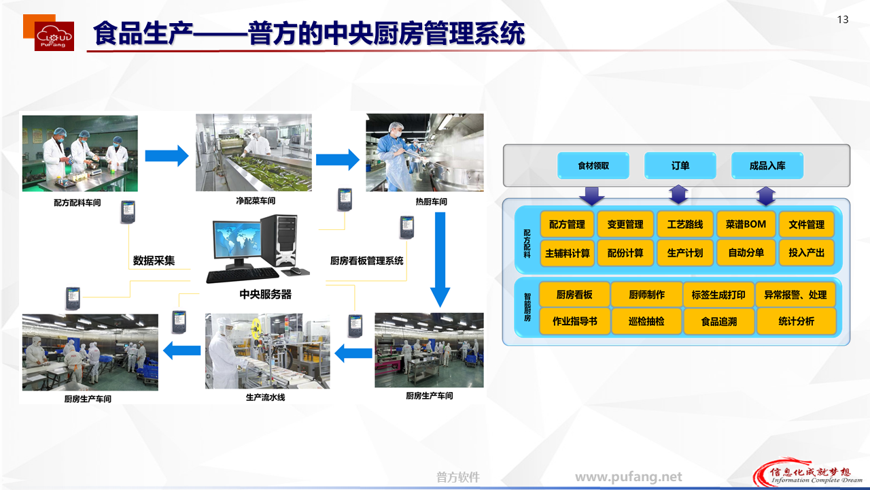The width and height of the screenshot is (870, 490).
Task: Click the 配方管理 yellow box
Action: [x=567, y=225]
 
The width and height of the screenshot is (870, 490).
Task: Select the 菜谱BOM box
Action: [x=746, y=225]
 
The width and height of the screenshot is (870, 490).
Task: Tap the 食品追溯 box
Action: [x=719, y=321]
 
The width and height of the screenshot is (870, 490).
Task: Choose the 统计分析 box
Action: [x=796, y=321]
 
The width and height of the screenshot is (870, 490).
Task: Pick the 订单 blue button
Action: [x=680, y=166]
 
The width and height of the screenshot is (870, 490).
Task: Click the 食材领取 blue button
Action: [x=593, y=166]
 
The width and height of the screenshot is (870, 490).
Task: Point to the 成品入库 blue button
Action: [x=767, y=166]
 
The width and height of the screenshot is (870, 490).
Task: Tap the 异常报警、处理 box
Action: [x=795, y=295]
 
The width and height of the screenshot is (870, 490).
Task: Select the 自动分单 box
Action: [x=746, y=252]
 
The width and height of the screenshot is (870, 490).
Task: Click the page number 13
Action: [x=843, y=20]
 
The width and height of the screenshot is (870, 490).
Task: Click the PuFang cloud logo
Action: [x=54, y=35]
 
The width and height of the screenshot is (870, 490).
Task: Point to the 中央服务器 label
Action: [x=266, y=294]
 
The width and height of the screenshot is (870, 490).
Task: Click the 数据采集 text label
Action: [x=154, y=260]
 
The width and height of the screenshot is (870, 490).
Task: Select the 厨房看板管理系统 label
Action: [x=366, y=261]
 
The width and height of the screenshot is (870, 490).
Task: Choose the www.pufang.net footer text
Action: [x=629, y=477]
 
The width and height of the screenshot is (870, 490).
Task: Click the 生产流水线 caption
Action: [x=265, y=397]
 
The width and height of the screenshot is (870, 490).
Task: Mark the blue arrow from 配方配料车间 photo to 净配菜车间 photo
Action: [x=167, y=156]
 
